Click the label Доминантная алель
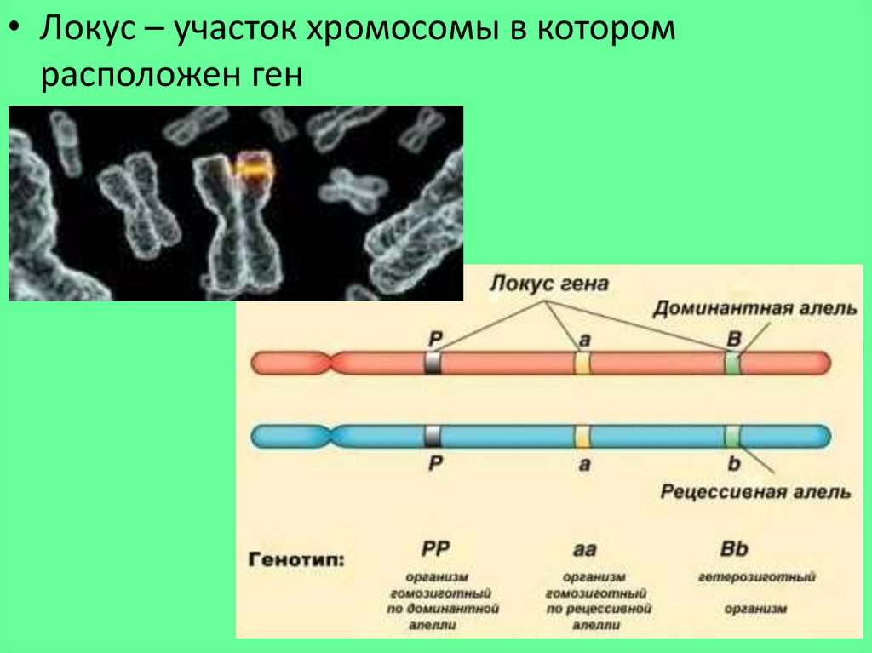pos(754,308)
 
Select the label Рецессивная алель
pos(754,492)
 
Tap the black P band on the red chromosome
pos(433,363)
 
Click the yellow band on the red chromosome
pos(582,363)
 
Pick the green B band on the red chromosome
pos(731,363)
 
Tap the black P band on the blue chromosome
pos(433,436)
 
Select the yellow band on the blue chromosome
pos(582,436)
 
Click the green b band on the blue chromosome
pos(731,436)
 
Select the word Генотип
pos(297,559)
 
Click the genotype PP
pos(435,549)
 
